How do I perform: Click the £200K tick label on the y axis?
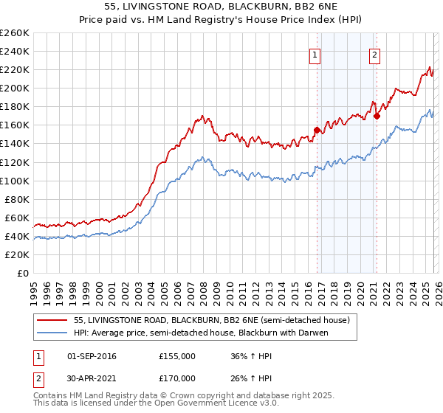15,88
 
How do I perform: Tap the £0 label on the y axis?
22,273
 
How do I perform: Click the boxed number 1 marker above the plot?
315,54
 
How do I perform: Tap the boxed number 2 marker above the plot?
374,54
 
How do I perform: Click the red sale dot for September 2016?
317,130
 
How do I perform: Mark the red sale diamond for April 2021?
377,116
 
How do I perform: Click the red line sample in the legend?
52,319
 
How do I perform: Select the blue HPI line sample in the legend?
52,333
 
